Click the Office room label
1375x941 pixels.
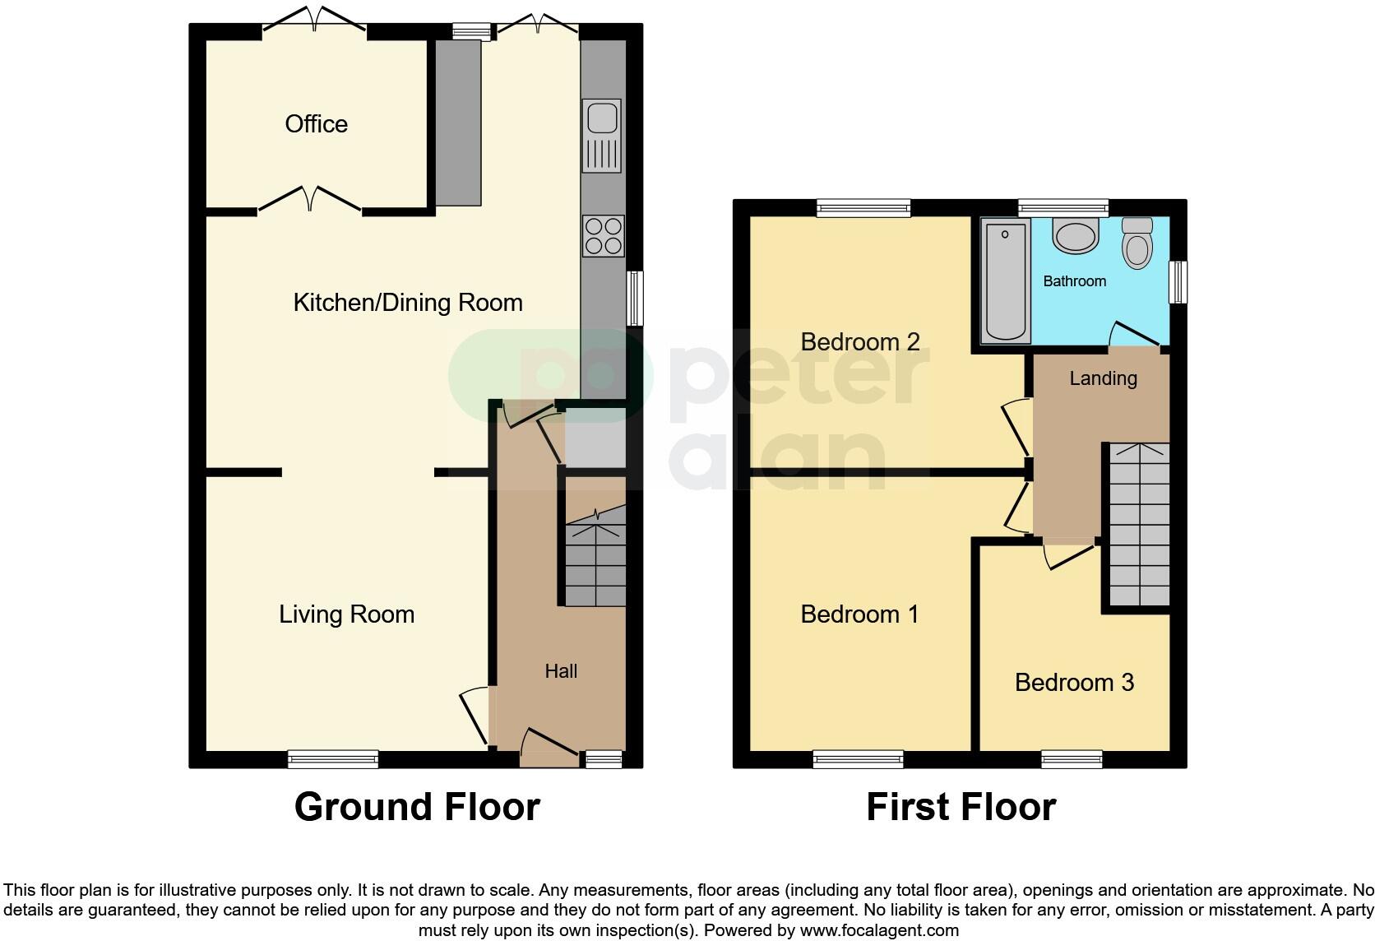316,124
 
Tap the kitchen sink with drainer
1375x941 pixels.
602,136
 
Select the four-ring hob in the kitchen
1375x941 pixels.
603,235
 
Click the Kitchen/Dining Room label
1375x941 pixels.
408,303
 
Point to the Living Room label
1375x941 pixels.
346,614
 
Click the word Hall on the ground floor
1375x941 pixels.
561,671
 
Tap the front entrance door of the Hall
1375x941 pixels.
549,748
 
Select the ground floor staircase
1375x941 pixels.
595,559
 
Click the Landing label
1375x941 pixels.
1103,378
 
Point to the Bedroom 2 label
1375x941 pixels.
859,341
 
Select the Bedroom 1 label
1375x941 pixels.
859,614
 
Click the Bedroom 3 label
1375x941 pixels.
1074,683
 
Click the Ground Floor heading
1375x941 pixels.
417,807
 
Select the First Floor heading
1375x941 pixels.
961,807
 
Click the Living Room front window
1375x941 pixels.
333,759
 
